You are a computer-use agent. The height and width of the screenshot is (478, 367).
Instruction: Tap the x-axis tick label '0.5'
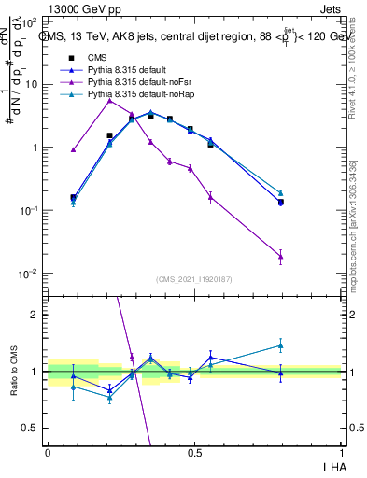[193, 452]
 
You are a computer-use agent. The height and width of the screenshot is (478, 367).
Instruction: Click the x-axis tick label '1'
[340, 452]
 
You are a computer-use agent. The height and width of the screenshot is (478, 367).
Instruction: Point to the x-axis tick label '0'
[48, 452]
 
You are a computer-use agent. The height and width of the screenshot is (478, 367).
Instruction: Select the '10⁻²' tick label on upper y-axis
[30, 274]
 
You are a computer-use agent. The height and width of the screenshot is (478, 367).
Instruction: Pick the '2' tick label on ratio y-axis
[35, 315]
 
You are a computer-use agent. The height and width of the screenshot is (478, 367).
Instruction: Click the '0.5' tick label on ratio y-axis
[31, 428]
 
